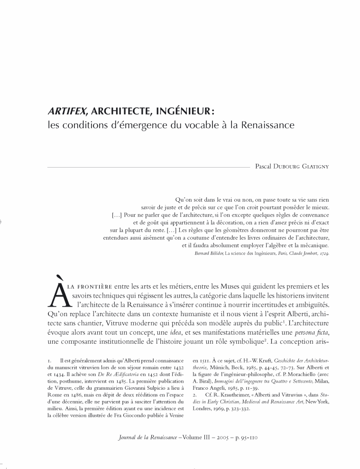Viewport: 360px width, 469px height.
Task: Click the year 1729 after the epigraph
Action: [324, 254]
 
